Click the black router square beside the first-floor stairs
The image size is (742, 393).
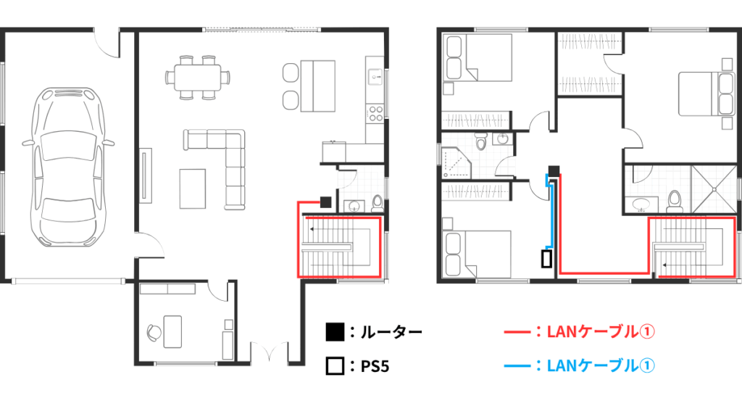click(x=325, y=202)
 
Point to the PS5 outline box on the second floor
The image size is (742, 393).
click(x=548, y=259)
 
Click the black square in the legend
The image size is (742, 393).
click(x=335, y=332)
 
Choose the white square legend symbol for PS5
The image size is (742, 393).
click(x=335, y=366)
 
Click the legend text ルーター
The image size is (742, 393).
click(x=391, y=332)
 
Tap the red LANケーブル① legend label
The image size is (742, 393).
click(x=601, y=331)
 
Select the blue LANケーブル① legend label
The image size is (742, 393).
click(x=601, y=365)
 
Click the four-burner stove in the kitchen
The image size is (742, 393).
click(x=376, y=113)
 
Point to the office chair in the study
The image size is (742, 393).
click(x=154, y=332)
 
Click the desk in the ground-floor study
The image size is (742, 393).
click(x=172, y=331)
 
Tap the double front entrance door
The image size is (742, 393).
click(x=269, y=352)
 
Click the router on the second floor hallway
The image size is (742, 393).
click(x=554, y=170)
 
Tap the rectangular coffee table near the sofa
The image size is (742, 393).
click(x=193, y=189)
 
